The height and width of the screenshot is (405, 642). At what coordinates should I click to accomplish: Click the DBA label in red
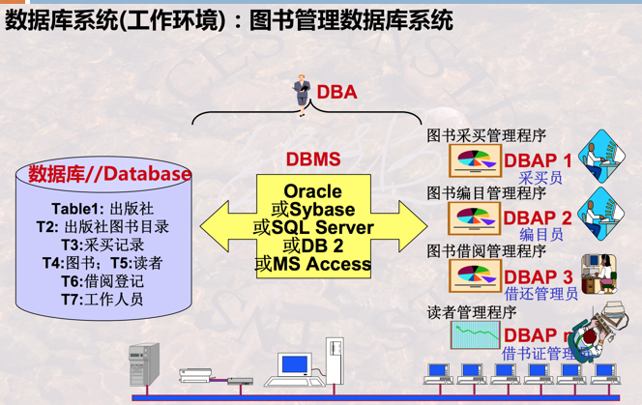(336, 93)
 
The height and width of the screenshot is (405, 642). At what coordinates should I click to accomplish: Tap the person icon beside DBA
(301, 95)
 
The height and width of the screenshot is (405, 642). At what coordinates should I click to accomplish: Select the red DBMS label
(312, 159)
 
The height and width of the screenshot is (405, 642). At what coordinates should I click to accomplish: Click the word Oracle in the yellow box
(312, 192)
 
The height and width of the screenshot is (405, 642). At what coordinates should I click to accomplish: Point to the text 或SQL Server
(311, 228)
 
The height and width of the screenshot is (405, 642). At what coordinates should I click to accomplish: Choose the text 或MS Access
(312, 263)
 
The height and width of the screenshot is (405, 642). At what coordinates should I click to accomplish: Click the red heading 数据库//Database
(109, 174)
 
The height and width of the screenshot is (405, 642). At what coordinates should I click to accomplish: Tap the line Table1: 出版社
(102, 209)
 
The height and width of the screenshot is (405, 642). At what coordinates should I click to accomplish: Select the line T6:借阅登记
(102, 280)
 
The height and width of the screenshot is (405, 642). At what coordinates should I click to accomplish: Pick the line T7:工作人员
(102, 299)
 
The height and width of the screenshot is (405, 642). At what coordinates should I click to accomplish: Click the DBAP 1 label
(538, 159)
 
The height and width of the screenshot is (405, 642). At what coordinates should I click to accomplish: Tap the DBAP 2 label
(538, 218)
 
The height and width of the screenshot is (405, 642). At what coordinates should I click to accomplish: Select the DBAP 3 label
(539, 277)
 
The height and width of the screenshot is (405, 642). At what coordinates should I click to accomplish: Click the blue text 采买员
(540, 178)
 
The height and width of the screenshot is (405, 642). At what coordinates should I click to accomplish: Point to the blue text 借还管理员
(541, 294)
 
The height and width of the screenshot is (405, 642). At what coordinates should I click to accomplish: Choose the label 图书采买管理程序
(486, 136)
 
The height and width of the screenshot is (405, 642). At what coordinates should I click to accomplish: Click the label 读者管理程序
(472, 312)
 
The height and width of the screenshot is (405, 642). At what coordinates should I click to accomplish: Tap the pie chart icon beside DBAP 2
(474, 218)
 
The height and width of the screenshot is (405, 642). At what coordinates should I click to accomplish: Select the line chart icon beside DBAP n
(474, 334)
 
